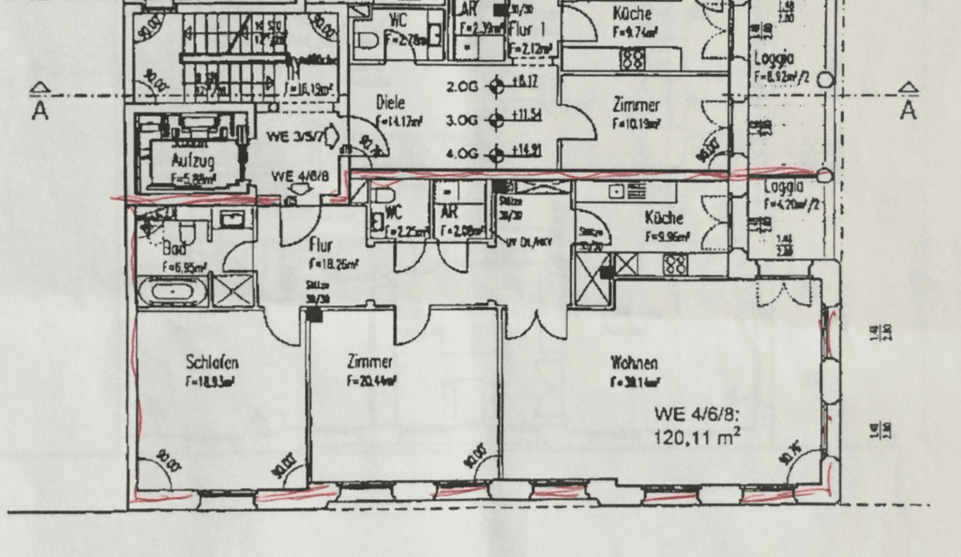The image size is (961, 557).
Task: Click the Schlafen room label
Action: click(x=212, y=363)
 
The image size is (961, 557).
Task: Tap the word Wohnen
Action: click(x=634, y=364)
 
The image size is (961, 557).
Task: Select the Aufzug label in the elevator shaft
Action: click(x=193, y=160)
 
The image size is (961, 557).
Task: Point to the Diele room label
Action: click(x=391, y=103)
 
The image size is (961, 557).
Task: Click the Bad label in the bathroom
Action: click(x=175, y=249)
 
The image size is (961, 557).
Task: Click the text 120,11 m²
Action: click(x=697, y=438)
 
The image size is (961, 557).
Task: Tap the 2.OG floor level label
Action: click(x=462, y=86)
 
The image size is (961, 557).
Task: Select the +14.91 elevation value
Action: click(x=526, y=151)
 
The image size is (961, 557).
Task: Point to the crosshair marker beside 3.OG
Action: click(x=497, y=120)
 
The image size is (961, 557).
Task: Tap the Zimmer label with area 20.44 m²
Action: click(x=370, y=362)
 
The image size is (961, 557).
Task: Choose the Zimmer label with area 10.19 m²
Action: click(x=636, y=105)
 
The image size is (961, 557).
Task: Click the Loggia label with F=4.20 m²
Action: click(x=784, y=187)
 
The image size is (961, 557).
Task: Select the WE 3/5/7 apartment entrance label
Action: click(x=295, y=137)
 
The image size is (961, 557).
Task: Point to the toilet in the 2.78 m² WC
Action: click(x=367, y=40)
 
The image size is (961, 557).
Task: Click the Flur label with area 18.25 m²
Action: click(x=321, y=245)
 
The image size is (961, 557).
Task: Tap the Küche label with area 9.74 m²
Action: click(x=632, y=13)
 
